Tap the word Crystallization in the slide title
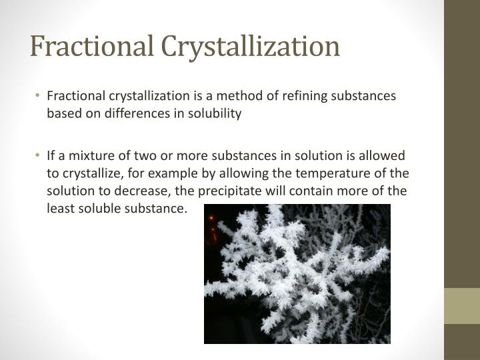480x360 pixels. [x=251, y=47]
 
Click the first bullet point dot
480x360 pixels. [x=39, y=96]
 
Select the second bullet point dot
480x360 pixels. [x=39, y=155]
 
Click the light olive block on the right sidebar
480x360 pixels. [x=462, y=306]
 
